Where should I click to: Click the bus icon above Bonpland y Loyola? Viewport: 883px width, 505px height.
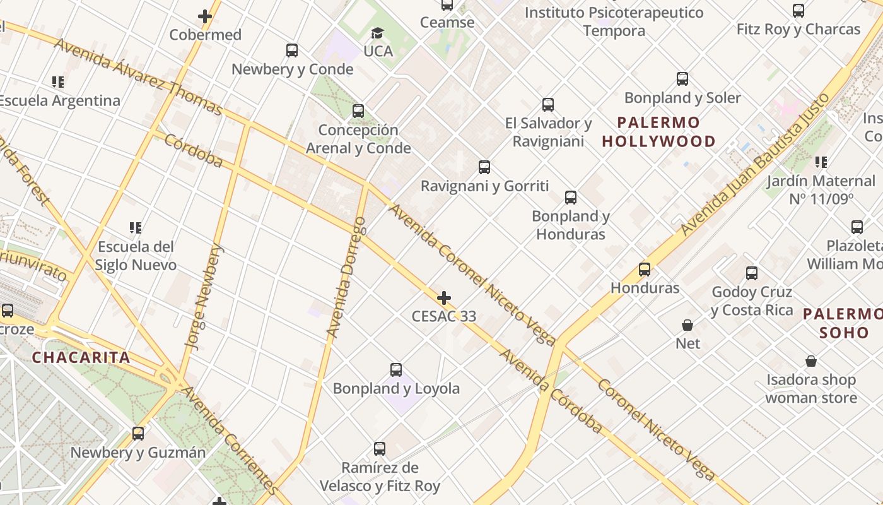[x=396, y=370]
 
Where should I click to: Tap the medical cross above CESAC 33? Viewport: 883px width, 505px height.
[x=444, y=297]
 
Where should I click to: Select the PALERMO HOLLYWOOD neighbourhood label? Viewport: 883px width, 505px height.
[x=658, y=131]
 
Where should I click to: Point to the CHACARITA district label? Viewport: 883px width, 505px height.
[x=81, y=357]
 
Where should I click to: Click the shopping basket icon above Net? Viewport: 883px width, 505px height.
[x=687, y=325]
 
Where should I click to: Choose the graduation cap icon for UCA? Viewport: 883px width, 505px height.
[x=377, y=33]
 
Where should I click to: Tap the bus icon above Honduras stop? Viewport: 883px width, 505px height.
[x=645, y=270]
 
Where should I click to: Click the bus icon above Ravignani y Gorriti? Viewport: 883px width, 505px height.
[x=484, y=167]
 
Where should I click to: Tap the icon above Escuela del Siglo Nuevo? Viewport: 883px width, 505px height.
[x=135, y=227]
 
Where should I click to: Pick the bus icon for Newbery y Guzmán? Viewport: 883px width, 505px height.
[x=138, y=434]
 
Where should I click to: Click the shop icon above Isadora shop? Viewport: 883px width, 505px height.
[x=811, y=361]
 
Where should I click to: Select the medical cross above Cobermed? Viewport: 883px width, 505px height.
[x=205, y=16]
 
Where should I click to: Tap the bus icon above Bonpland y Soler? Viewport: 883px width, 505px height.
[x=682, y=79]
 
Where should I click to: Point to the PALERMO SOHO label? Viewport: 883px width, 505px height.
[x=844, y=323]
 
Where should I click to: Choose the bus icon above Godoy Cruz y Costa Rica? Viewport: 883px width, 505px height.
[x=752, y=273]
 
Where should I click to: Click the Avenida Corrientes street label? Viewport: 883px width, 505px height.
[x=231, y=440]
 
